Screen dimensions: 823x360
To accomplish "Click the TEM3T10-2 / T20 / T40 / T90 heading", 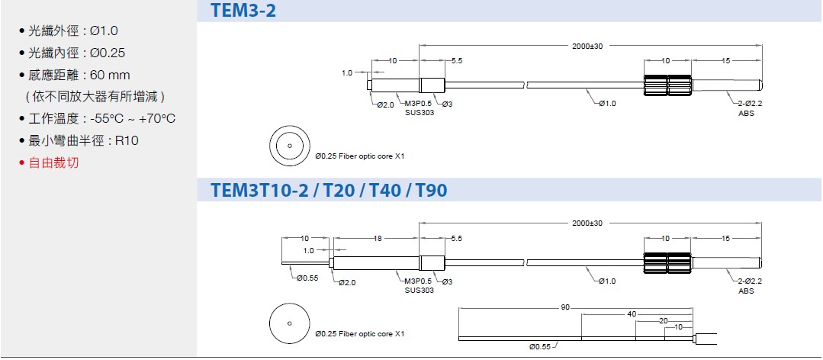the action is (329, 190).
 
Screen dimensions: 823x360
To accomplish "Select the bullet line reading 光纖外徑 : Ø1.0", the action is (69, 31).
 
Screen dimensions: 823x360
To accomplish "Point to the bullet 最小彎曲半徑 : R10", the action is (79, 140).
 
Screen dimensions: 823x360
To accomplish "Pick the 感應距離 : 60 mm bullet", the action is (75, 75).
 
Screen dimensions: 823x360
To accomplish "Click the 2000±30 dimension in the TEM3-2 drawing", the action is (587, 47).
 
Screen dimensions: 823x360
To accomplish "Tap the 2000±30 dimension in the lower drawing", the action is (587, 223).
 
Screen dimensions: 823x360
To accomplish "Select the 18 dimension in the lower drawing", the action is (377, 239).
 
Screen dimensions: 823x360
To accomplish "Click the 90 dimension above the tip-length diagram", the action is (564, 307).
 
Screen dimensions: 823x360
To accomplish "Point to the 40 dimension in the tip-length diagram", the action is (632, 314).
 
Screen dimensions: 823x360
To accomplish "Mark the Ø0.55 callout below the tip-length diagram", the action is (541, 347).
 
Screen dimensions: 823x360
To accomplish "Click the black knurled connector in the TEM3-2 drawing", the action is (667, 84).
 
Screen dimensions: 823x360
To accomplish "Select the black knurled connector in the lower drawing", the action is (667, 262).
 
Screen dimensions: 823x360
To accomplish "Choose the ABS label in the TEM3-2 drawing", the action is (746, 114).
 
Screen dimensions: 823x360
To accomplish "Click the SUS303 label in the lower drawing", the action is (420, 291).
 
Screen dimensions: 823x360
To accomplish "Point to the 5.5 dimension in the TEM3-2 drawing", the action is (457, 61).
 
